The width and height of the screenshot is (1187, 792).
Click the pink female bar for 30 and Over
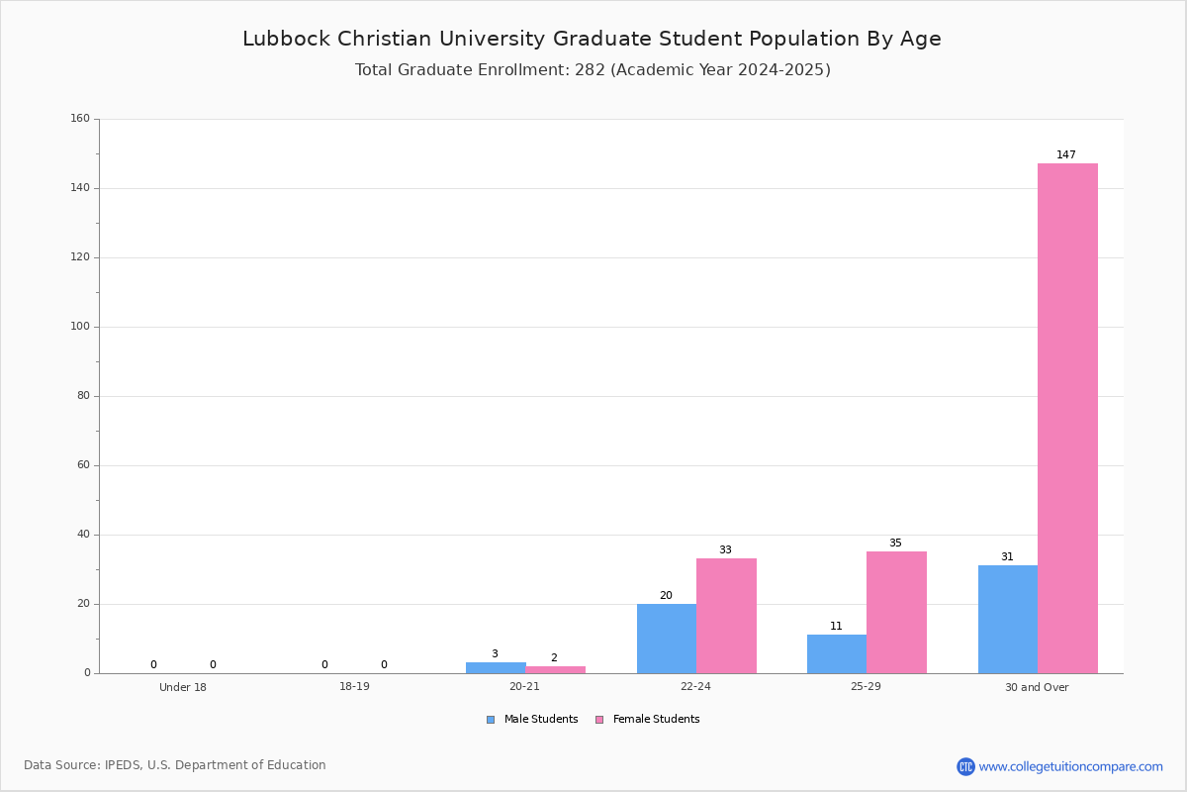pos(1067,418)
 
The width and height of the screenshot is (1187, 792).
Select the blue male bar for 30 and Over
pos(1008,619)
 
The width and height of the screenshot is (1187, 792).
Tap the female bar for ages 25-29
pos(896,612)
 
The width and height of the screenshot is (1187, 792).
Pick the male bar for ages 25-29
pos(837,654)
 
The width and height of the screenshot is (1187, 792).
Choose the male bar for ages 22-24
pos(667,639)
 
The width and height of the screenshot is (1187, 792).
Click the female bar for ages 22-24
pos(726,616)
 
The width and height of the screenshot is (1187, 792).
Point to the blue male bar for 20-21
pos(496,668)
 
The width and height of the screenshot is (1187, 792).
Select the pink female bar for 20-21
pos(555,669)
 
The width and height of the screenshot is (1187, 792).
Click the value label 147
pos(1066,154)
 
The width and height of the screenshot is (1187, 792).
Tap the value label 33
pos(725,549)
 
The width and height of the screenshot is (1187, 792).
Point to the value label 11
pos(836,626)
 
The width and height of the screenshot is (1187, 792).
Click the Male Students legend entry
pos(532,719)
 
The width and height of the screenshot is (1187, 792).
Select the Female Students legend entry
pos(648,719)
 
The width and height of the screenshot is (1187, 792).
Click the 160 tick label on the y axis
pos(80,118)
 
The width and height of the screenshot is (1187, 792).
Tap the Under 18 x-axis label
pos(183,687)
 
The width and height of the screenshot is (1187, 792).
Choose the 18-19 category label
pos(354,686)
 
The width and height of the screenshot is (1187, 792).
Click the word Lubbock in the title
pos(287,39)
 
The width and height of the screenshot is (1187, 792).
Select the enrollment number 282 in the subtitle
pos(590,69)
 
